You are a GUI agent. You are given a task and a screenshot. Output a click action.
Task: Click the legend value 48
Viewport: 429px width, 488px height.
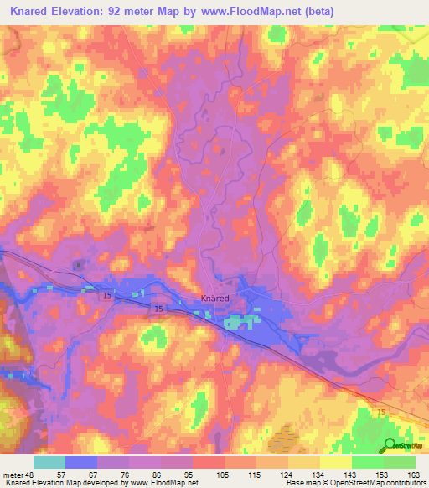30,475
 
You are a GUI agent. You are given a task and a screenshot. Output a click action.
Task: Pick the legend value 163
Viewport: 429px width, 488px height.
412,475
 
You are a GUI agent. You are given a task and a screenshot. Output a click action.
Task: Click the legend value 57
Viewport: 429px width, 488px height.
62,475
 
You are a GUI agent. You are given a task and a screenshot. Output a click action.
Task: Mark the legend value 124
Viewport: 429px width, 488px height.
285,475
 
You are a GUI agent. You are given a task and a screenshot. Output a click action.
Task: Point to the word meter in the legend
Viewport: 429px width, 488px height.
13,475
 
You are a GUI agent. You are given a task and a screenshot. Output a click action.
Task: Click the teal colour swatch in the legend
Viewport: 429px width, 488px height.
49,462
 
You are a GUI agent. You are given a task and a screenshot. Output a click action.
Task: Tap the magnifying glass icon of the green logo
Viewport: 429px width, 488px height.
389,445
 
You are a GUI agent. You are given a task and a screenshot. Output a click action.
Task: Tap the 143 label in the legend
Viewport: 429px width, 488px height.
349,475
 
